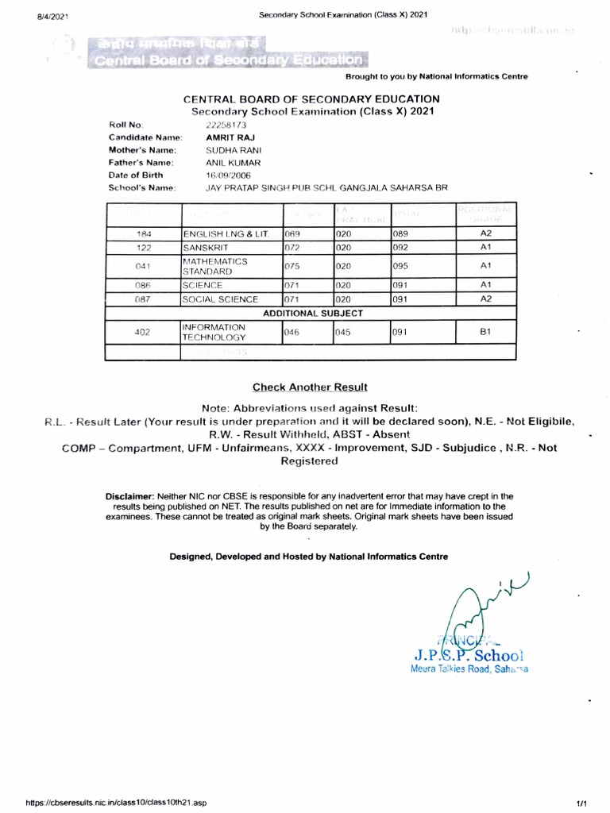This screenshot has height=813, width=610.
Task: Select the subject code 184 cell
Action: [143, 235]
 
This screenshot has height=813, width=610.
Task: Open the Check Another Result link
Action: [310, 387]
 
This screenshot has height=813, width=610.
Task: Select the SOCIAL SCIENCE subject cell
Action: [220, 299]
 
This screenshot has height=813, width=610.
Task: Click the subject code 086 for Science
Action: [143, 284]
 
